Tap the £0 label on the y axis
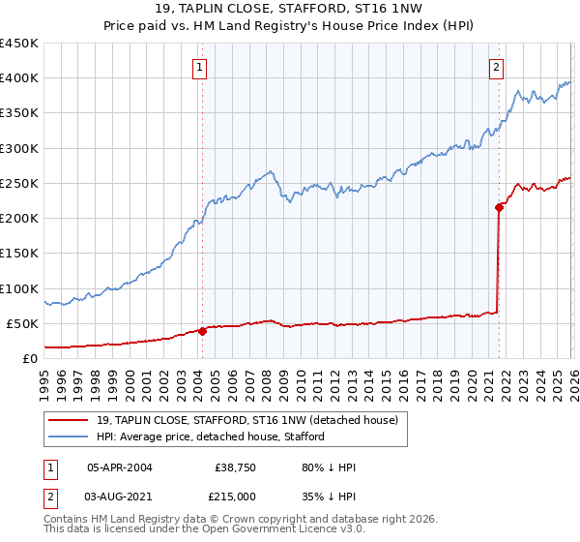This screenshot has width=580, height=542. (x=30, y=359)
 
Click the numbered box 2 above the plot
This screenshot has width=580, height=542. (x=496, y=68)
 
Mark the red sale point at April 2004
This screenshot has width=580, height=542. (x=202, y=331)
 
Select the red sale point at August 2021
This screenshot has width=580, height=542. (x=499, y=206)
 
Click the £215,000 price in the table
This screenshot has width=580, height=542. (x=236, y=495)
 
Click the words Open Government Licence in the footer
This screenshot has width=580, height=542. (x=263, y=531)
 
